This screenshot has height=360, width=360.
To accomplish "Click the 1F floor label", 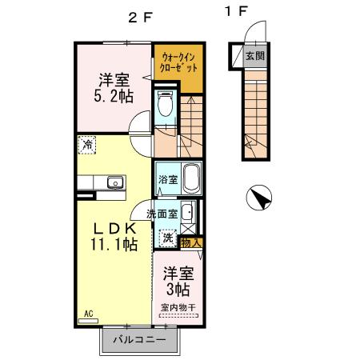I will (237, 12).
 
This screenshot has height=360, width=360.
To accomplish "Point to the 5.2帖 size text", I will (113, 95).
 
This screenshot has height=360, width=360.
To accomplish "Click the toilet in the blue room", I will (166, 103).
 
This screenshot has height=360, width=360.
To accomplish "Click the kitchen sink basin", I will (114, 182).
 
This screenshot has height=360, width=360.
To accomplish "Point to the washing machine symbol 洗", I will (168, 237).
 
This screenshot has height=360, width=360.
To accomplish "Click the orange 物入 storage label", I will (191, 242).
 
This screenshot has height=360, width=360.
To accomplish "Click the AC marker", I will (86, 314).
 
